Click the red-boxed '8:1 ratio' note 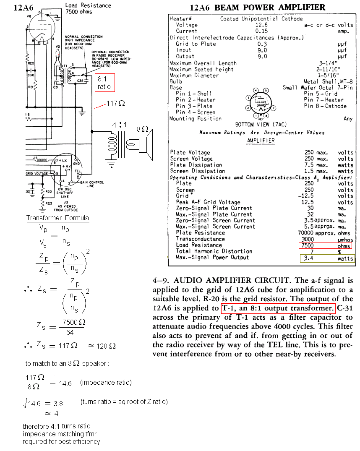pos(105,83)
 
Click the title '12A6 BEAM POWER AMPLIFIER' pos(257,8)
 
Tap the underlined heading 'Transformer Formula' pos(57,218)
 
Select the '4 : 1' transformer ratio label pos(119,125)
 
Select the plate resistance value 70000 pos(314,233)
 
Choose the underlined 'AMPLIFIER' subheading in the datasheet pos(260,141)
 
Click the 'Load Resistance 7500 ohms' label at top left pos(88,8)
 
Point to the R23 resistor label pos(49,203)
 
